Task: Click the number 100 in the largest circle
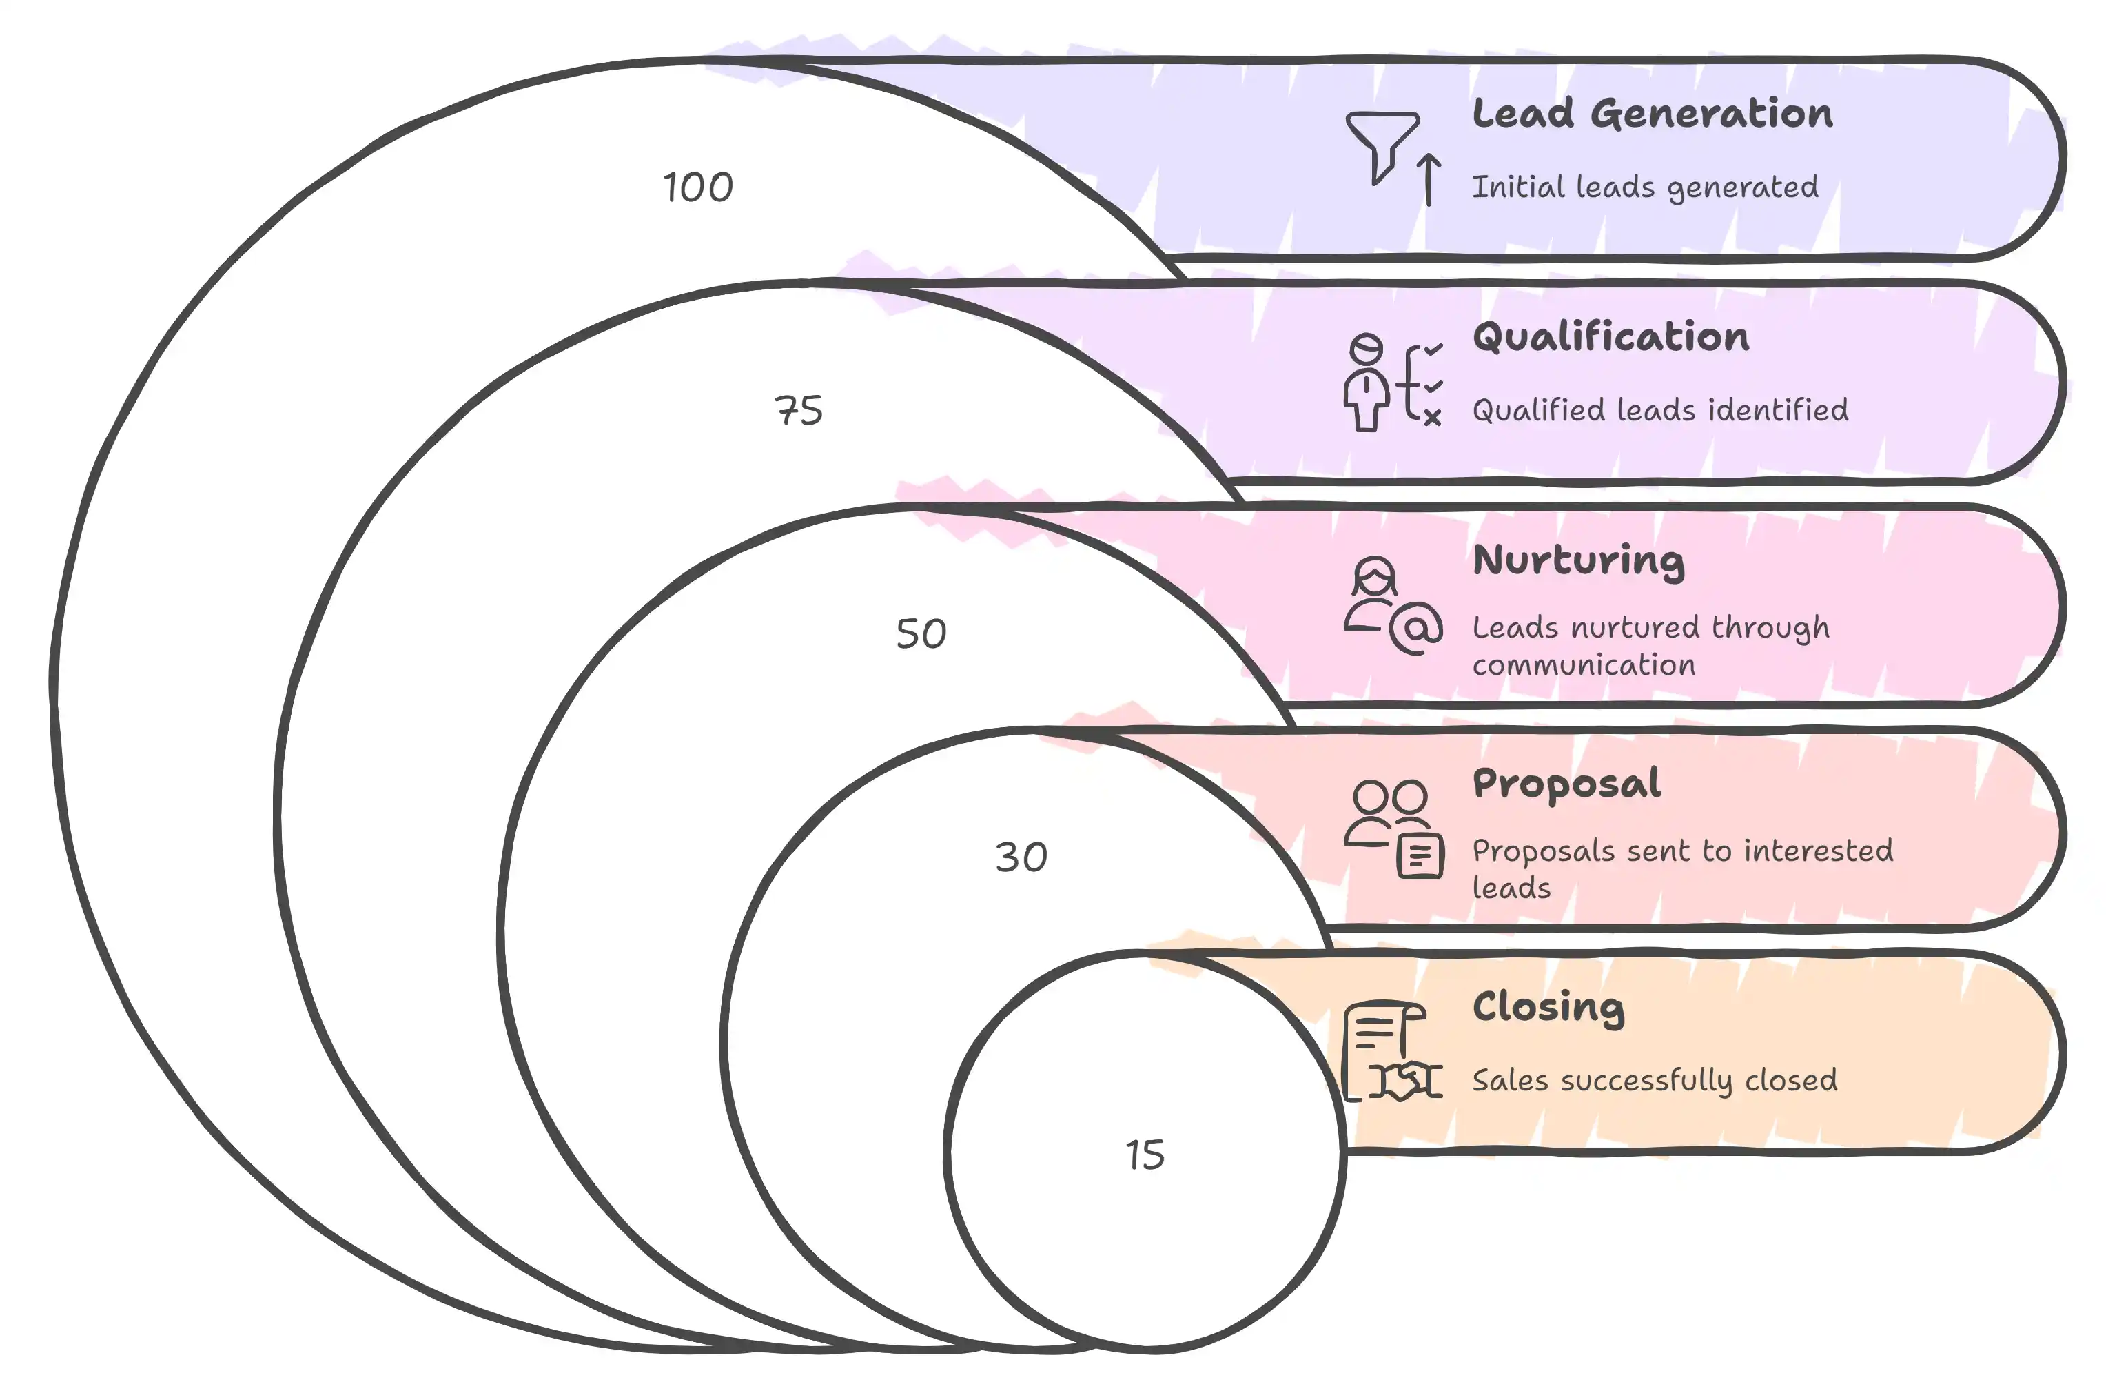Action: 698,187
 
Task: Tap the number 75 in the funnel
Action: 799,410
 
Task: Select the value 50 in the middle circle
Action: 921,633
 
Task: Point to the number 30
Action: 1021,857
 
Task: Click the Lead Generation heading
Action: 1652,114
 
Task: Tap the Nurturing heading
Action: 1579,560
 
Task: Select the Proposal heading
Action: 1566,784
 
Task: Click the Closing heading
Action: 1548,1007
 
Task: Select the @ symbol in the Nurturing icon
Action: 1416,628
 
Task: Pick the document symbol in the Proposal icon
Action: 1420,856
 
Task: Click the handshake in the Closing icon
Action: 1404,1080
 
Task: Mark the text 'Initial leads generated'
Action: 1645,187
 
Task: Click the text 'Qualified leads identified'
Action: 1660,410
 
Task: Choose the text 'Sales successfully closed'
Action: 1655,1080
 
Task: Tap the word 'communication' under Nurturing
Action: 1584,664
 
